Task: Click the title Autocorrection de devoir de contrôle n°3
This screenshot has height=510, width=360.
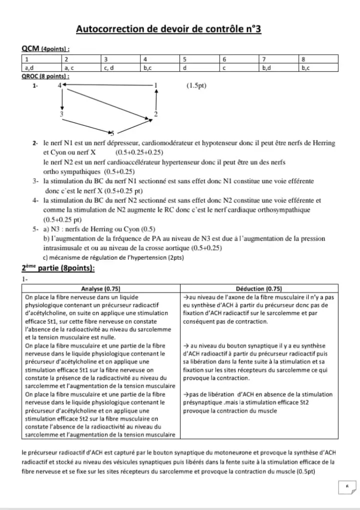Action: tap(168, 29)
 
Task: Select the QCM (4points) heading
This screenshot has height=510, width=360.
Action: tap(45, 49)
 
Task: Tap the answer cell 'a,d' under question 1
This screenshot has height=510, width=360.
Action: tap(30, 67)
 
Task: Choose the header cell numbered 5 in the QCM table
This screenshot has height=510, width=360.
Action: tap(185, 59)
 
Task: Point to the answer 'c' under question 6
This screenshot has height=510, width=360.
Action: tap(225, 67)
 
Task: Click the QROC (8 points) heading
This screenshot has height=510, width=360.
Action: tap(45, 76)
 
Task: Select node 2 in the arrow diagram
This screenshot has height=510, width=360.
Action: tap(155, 115)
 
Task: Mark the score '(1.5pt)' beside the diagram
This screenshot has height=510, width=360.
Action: tap(196, 85)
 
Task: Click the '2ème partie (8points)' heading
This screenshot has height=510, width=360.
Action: tap(58, 268)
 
